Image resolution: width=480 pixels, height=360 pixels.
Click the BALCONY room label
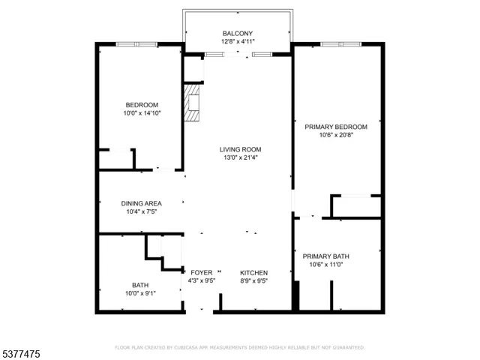coord(238,33)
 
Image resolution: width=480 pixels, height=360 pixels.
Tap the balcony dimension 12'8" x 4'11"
coord(238,42)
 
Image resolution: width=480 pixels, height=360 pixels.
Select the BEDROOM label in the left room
coord(142,104)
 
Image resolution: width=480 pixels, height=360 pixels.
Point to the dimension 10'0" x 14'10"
coord(142,113)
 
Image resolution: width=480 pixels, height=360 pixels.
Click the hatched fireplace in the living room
coord(194,103)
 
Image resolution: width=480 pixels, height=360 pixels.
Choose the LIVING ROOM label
coord(240,149)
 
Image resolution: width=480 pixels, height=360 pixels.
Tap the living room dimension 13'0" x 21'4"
coord(240,158)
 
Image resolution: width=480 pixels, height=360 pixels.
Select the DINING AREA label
coord(142,203)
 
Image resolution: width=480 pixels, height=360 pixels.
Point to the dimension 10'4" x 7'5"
coord(142,212)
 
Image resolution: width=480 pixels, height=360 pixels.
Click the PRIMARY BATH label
coord(329,256)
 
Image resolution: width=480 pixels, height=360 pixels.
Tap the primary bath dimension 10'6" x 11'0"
coord(329,265)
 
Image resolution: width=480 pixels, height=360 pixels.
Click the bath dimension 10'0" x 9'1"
coord(140,293)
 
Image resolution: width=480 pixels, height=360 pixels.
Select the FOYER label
coord(202,272)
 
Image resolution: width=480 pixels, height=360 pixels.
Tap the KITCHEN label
coord(253,272)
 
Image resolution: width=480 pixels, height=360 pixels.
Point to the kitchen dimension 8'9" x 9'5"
coord(253,281)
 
